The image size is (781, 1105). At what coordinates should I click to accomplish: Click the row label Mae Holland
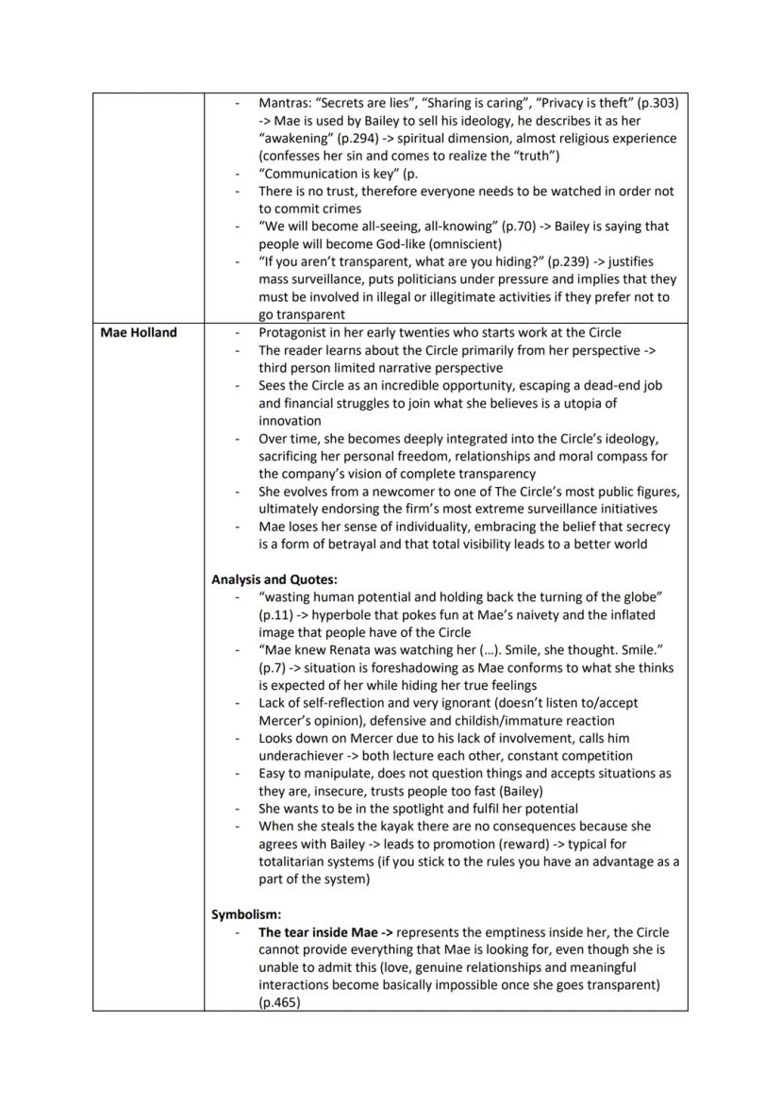click(x=138, y=332)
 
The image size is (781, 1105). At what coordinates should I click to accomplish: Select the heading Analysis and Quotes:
click(x=274, y=579)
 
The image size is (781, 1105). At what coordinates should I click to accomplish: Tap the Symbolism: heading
click(x=246, y=914)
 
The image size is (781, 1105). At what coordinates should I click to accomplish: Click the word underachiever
click(x=307, y=755)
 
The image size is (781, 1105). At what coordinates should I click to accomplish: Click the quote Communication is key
click(x=327, y=174)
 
